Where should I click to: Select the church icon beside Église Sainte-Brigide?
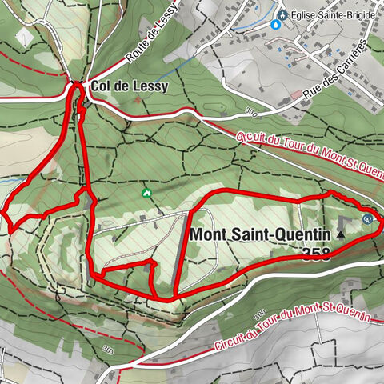(x=282, y=13)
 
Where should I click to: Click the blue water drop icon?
(x=277, y=25)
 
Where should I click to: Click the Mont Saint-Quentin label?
(x=260, y=234)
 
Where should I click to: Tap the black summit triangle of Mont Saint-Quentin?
(x=341, y=234)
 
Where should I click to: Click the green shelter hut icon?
(x=146, y=193)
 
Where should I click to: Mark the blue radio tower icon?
(x=368, y=217)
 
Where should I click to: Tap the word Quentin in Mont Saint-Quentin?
(x=304, y=234)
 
